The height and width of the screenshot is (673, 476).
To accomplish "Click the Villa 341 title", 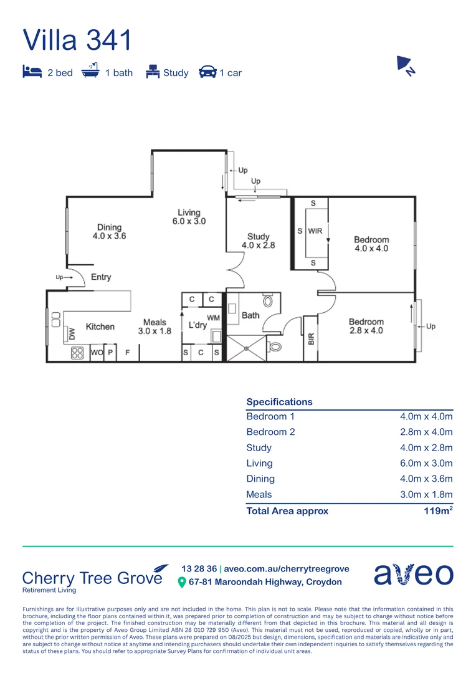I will [77, 40].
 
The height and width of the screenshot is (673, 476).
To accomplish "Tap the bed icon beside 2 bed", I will [32, 72].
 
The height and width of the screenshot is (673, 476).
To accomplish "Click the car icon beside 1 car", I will [207, 72].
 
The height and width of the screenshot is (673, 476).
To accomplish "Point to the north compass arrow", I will [406, 65].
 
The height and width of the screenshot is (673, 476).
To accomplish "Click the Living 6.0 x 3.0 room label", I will [189, 217].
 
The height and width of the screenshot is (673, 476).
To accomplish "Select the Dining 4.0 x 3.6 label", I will [109, 232].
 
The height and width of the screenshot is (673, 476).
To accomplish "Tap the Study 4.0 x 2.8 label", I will [258, 241].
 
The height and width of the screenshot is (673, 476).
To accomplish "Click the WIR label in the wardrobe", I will [315, 231].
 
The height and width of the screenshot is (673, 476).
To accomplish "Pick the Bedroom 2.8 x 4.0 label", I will [366, 326].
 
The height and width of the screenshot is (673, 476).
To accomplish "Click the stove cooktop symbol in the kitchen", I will [77, 353].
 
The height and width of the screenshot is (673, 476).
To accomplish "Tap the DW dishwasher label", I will [72, 334].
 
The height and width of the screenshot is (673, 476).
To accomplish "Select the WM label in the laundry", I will [213, 318].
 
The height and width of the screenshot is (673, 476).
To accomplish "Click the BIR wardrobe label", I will [311, 339].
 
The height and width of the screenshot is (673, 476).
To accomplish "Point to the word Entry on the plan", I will [101, 277].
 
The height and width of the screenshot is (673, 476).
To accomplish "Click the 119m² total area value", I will [437, 511].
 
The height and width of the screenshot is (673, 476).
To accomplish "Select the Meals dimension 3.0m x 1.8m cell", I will [426, 495].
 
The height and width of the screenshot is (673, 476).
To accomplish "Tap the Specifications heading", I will [279, 402].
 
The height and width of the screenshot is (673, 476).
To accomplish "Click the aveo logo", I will [413, 574].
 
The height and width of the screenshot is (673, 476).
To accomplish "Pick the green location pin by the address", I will [182, 582].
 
